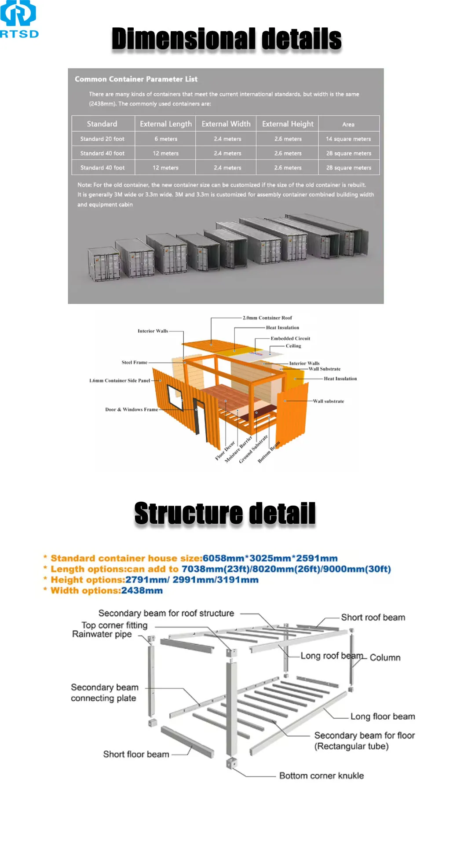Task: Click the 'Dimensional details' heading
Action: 227,39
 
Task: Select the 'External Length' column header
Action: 166,124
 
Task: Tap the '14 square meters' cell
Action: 348,139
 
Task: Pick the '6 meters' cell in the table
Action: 166,139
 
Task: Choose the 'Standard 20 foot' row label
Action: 102,139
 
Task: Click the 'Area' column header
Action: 348,125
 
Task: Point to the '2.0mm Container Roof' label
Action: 267,318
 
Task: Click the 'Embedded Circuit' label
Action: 290,338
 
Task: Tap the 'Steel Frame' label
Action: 134,363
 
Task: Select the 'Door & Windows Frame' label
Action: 131,410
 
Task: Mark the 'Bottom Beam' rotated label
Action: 269,452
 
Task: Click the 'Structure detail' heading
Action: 225,514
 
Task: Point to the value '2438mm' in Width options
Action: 142,591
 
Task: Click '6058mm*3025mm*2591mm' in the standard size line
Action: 270,558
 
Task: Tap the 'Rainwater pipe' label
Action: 102,634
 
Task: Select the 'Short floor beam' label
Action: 136,754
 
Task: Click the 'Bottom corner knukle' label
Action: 322,776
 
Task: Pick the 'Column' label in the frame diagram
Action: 385,658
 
